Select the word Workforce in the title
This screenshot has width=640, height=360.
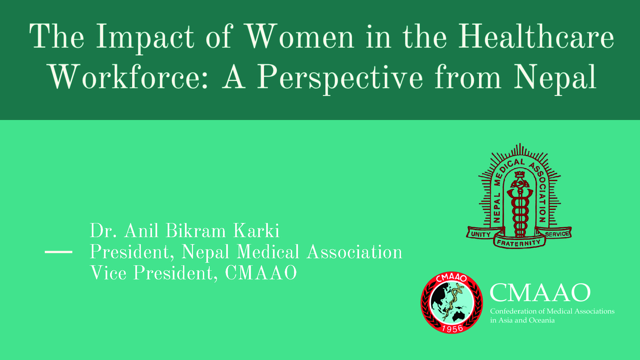(129, 77)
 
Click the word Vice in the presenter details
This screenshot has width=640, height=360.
(108, 273)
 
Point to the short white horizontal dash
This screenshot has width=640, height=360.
(59, 252)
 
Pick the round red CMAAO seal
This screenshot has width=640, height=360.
(452, 303)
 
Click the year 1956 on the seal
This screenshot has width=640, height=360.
(452, 328)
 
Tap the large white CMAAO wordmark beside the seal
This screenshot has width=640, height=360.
(540, 292)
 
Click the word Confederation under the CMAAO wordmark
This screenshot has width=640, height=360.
(513, 311)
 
